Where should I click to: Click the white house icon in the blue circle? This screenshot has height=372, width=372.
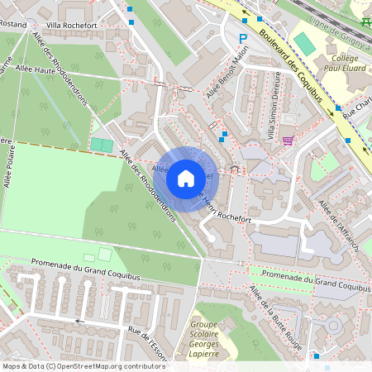tap(186, 178)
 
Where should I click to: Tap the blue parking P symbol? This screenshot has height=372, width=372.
tap(243, 38)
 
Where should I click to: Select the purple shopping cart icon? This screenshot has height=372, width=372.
tap(288, 140)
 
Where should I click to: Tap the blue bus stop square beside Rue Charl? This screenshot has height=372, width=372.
tap(338, 108)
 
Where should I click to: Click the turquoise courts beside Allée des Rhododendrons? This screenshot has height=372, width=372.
tap(103, 145)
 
